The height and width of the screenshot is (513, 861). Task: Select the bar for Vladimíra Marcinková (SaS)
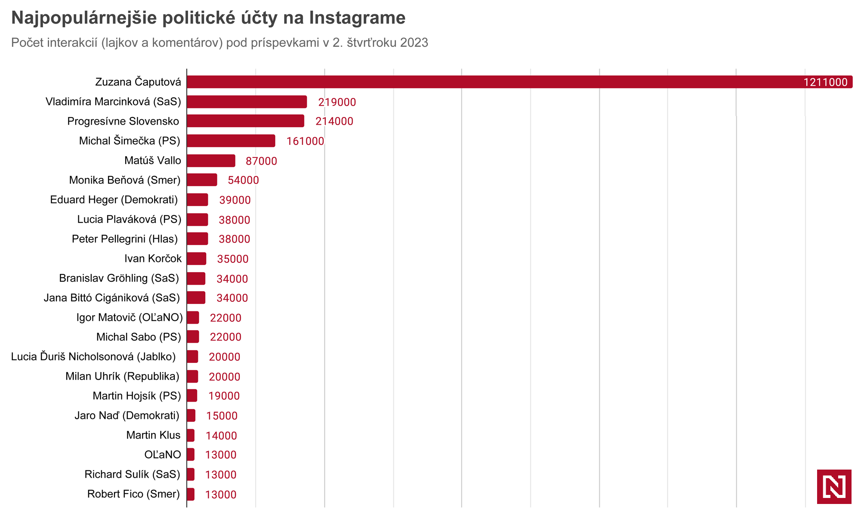[247, 102]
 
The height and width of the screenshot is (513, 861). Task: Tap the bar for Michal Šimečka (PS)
[231, 141]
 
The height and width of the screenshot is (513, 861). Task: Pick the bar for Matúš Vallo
[211, 161]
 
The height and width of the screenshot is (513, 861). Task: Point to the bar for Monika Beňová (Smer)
[202, 180]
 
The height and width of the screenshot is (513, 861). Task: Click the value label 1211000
[825, 83]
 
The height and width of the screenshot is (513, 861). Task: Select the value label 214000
[334, 122]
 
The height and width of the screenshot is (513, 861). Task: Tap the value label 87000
[261, 161]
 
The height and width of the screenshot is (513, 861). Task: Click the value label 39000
[235, 200]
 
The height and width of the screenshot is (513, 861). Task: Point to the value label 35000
[232, 259]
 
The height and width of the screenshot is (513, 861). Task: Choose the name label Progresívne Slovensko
[123, 121]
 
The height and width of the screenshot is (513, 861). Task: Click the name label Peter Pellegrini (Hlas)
[125, 239]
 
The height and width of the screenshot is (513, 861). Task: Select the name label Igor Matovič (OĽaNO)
[130, 318]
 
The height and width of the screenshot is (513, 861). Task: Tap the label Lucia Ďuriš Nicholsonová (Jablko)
[93, 357]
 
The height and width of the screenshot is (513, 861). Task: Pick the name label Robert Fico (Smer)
[133, 494]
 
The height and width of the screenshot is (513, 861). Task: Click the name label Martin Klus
[153, 435]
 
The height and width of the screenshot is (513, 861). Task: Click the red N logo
[834, 487]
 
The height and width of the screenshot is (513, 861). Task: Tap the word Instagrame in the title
[357, 18]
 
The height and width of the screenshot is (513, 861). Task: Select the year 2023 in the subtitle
[414, 43]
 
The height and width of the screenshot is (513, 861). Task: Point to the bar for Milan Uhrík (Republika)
[192, 377]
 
